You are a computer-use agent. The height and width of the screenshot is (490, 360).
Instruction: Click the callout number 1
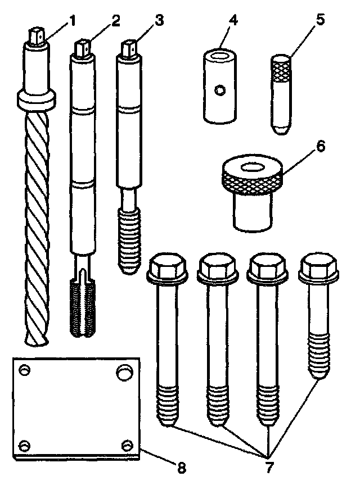[71, 21]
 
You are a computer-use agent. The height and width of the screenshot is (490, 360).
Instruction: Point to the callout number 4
[233, 21]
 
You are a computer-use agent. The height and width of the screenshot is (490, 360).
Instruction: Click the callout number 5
[320, 21]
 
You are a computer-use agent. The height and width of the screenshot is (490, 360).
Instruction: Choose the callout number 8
[182, 467]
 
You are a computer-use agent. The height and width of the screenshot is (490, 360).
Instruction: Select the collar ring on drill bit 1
[37, 100]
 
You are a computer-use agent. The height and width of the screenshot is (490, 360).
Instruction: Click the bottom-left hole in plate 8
[24, 446]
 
